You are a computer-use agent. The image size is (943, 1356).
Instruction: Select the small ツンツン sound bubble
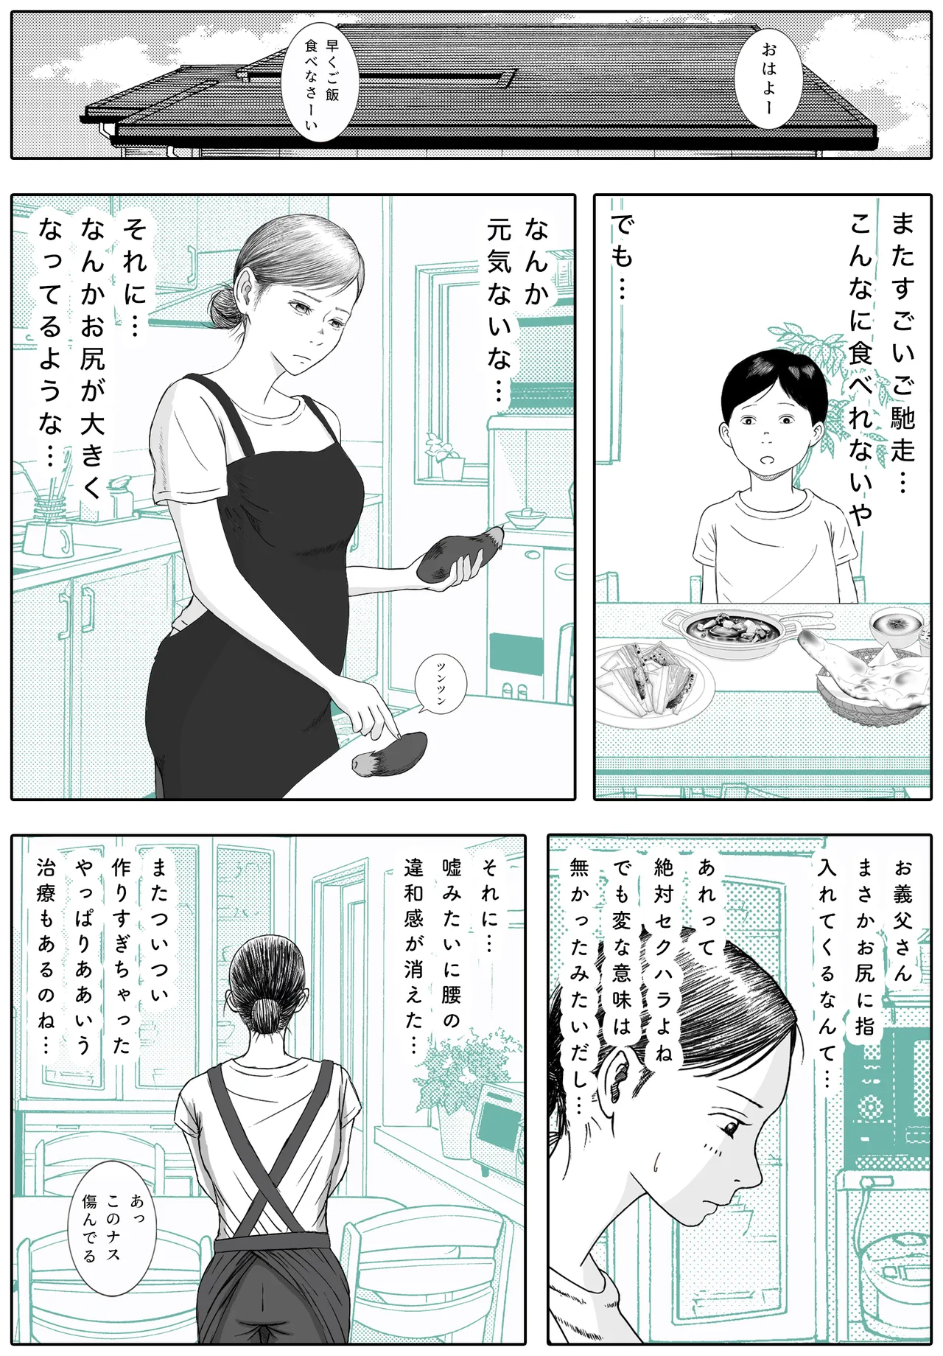pyautogui.click(x=441, y=683)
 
